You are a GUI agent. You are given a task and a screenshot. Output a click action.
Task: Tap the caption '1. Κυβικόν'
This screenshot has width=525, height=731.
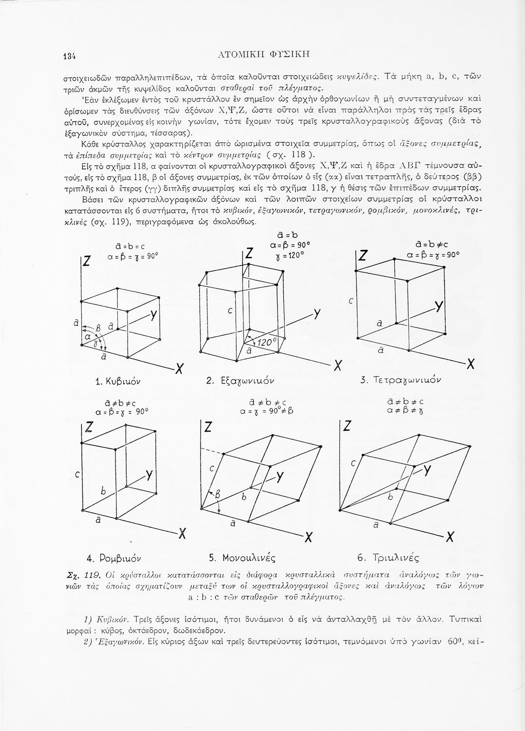tap(114, 380)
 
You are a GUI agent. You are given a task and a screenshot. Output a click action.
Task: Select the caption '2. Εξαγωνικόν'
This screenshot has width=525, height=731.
tap(242, 380)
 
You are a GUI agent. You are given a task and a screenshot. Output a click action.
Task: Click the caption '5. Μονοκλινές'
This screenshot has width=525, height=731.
tap(242, 557)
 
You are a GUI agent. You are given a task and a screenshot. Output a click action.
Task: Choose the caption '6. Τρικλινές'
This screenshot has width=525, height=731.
tap(389, 557)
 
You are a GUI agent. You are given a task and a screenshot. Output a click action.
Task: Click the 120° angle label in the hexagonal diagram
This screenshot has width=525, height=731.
tap(266, 342)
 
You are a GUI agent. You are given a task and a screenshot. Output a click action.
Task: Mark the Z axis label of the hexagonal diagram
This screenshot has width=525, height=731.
tap(249, 254)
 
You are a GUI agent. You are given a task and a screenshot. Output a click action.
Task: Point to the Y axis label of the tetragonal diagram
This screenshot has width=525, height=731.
tap(439, 306)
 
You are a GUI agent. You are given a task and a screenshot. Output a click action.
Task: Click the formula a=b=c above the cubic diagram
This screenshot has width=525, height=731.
tap(120, 246)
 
